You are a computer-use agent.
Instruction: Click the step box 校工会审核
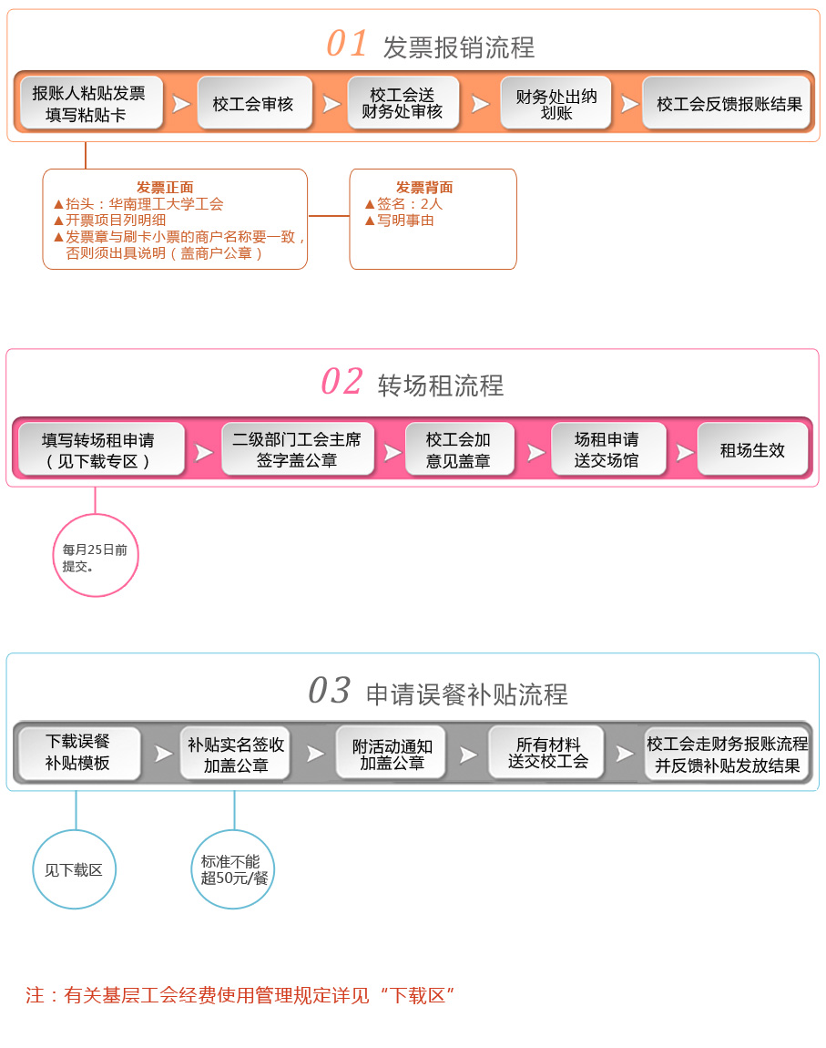coord(254,103)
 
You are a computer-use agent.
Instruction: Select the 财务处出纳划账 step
coord(556,103)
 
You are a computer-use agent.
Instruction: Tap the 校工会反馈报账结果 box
coord(729,103)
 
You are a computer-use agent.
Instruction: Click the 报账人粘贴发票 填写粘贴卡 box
coord(89,103)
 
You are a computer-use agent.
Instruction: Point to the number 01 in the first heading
coord(347,44)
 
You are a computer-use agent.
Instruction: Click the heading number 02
coord(342,382)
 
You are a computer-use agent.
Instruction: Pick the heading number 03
coord(330,691)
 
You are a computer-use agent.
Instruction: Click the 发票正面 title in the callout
coord(165,188)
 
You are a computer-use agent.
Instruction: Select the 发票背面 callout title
coord(424,188)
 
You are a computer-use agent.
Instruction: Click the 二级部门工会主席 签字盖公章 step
coord(297,449)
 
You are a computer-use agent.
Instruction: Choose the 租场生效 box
coord(752,449)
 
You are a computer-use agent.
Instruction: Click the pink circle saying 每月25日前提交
coord(96,555)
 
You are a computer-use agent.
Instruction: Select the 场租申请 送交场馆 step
coord(607,449)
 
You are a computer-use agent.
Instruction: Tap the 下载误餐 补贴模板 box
coord(78,753)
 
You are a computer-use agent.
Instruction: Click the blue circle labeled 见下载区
coord(74,869)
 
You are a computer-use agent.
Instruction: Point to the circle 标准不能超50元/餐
coord(233,869)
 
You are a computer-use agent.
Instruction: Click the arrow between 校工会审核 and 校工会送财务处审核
coord(331,104)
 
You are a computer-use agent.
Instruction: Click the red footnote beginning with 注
coord(240,995)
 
